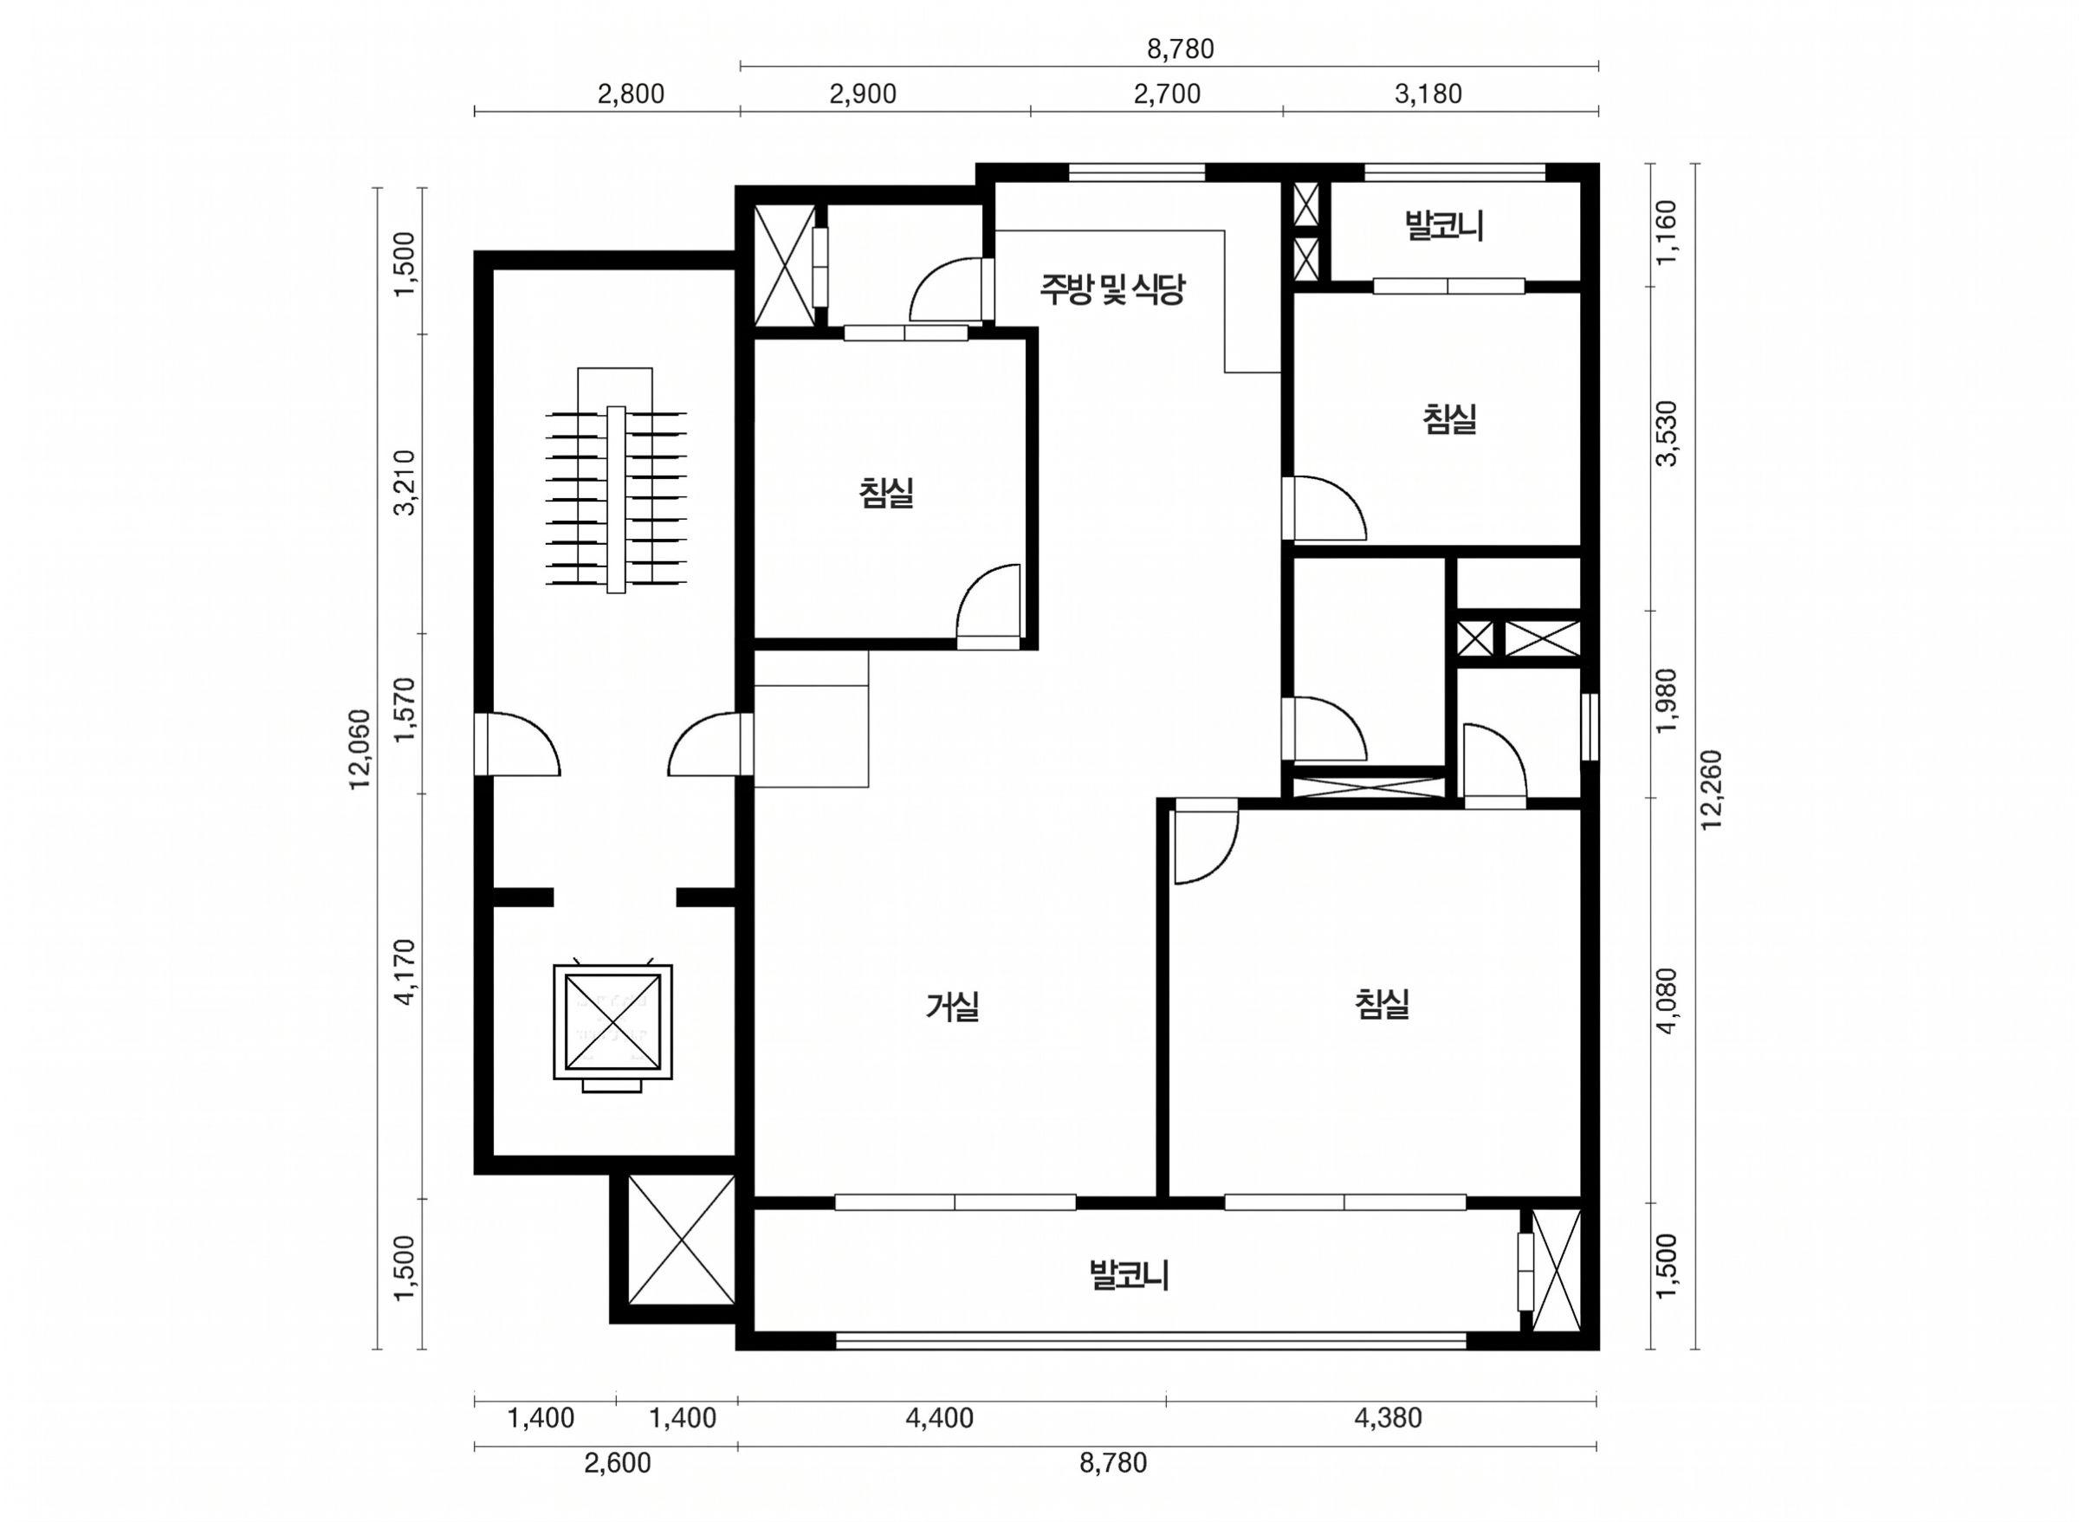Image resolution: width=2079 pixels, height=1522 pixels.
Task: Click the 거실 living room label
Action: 953,1006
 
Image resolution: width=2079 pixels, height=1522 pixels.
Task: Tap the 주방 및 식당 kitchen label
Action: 1111,289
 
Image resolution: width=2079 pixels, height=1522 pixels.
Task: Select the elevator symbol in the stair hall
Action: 612,1027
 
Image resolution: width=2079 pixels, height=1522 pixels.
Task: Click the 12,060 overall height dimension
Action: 359,748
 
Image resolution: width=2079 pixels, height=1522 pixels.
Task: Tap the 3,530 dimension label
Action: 1668,433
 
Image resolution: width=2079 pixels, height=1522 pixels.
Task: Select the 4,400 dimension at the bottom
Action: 940,1418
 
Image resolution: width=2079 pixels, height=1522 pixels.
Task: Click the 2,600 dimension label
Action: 617,1463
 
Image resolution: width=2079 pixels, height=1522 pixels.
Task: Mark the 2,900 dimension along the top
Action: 862,94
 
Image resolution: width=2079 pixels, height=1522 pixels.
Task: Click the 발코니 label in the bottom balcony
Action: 1130,1276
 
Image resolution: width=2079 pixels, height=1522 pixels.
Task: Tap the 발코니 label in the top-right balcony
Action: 1444,226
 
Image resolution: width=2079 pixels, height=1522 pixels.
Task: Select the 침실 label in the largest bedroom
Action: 1383,1003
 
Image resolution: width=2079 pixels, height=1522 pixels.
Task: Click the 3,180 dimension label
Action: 1428,94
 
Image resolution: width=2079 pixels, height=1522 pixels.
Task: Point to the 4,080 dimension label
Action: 1668,1001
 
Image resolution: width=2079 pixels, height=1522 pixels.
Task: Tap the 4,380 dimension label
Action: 1388,1418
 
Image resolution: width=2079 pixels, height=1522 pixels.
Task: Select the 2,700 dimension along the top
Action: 1167,94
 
